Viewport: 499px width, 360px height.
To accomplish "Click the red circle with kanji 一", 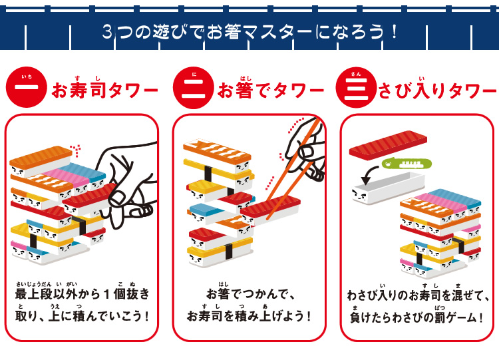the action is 27,87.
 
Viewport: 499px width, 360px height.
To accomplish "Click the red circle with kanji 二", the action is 193,88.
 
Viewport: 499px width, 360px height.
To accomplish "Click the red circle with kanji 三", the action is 356,88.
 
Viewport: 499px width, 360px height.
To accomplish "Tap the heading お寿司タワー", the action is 104,89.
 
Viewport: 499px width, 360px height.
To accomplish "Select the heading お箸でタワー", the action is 271,90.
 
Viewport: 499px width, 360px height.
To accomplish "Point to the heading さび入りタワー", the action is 438,90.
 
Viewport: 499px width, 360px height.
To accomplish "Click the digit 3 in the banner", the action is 108,32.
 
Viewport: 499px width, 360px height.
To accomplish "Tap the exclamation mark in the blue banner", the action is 394,31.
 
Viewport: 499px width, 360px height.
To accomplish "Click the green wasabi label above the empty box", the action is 407,164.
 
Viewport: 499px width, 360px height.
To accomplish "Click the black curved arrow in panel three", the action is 369,174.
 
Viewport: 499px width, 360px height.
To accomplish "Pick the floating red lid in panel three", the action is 388,146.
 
